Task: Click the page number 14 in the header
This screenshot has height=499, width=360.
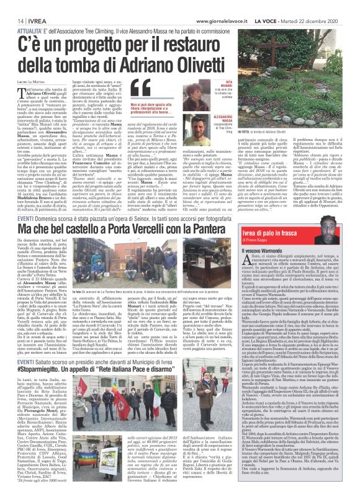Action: [12, 6]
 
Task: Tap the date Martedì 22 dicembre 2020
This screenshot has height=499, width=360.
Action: [323, 6]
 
